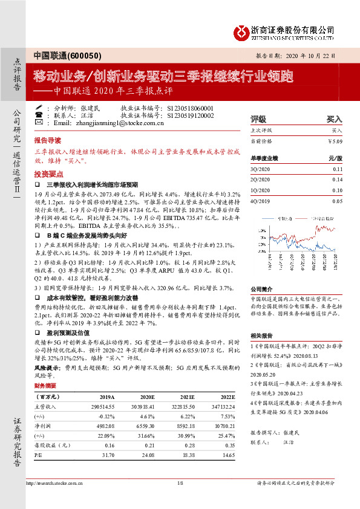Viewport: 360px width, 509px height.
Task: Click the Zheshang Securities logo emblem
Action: (242, 30)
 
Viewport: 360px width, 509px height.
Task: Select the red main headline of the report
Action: (164, 76)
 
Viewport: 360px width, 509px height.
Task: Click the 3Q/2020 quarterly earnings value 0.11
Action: (337, 170)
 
